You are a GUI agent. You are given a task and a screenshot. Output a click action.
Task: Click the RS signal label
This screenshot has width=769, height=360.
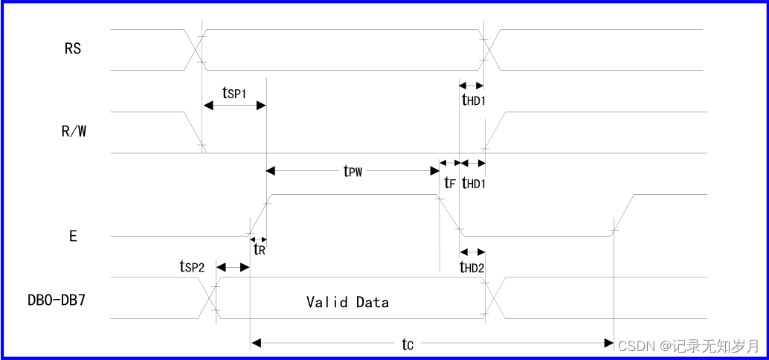coord(73,50)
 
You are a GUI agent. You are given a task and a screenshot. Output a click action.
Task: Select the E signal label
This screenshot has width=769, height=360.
coord(73,236)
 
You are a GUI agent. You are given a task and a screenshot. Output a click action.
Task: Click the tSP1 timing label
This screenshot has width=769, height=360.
coord(234,92)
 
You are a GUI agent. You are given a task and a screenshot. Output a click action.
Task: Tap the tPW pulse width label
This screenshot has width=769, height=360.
coord(353,172)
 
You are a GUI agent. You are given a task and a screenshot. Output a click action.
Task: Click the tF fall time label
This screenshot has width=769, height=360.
coord(449,182)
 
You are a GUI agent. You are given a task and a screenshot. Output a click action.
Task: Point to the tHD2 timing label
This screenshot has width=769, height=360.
coord(472,268)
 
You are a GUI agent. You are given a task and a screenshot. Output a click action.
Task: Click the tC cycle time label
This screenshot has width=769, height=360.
coord(408,344)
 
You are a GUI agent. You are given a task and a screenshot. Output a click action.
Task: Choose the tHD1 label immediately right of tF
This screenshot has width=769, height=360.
coord(473,182)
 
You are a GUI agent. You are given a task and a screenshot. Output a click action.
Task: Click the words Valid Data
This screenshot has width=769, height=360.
coord(347,302)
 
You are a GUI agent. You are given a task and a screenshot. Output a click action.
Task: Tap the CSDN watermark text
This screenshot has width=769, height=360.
coord(689,346)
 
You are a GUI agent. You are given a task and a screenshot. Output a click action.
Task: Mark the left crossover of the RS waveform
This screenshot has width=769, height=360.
coord(195,50)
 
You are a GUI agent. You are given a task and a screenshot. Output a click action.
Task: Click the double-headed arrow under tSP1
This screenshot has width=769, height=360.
coord(234,106)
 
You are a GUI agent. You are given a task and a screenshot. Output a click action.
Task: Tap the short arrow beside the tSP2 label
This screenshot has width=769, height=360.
coord(233,267)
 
